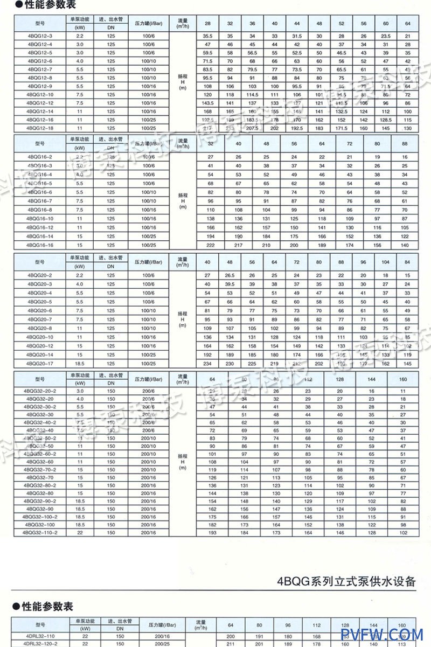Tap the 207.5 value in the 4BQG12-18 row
click(x=252, y=128)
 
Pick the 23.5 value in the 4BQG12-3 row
click(x=385, y=36)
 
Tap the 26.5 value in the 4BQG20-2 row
click(x=230, y=275)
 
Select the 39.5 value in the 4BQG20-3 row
click(x=230, y=284)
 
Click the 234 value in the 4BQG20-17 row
click(x=207, y=364)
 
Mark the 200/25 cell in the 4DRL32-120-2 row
click(x=162, y=643)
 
